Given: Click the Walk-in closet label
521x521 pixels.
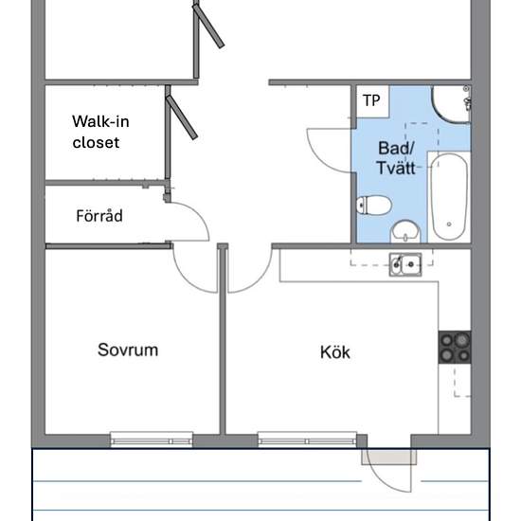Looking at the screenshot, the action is click(x=100, y=132).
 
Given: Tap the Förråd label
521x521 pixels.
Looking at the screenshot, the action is click(x=99, y=216).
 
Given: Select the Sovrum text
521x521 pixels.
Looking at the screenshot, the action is click(x=128, y=350).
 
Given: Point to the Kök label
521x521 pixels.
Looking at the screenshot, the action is click(x=335, y=352).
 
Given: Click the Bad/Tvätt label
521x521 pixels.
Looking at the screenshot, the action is click(x=396, y=158).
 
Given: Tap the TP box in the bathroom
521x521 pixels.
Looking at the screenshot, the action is click(x=372, y=100).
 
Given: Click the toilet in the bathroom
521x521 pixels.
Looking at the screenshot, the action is click(x=374, y=206).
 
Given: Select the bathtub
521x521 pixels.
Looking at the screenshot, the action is click(x=449, y=197).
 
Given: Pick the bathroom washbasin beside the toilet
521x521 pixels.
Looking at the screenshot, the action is click(x=405, y=231).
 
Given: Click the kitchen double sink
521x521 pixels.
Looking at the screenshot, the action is click(x=405, y=264).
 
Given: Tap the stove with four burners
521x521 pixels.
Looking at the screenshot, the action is click(x=455, y=348).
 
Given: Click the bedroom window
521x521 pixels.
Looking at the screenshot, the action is click(x=152, y=440).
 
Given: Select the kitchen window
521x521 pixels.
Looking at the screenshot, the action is click(x=307, y=440).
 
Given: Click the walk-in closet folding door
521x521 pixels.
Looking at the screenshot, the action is click(x=182, y=117).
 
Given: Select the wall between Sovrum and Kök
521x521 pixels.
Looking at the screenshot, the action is click(x=223, y=339).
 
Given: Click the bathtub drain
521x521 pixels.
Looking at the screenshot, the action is click(x=449, y=225).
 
